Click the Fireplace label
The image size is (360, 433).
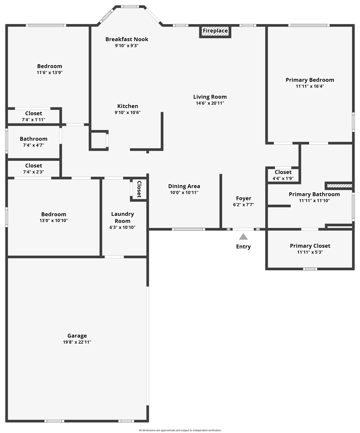click(x=215, y=31)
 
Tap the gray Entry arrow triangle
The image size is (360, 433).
click(x=243, y=237)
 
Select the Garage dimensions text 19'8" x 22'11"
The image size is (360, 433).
click(x=77, y=342)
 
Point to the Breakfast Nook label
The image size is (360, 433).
click(x=127, y=39)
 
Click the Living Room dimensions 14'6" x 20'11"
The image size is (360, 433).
click(x=210, y=103)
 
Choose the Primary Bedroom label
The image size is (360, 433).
click(x=310, y=80)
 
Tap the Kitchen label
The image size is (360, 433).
click(x=128, y=106)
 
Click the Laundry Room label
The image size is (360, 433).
click(x=122, y=217)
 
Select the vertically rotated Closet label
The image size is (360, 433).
click(x=139, y=189)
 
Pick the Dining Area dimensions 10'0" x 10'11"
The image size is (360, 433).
click(x=184, y=193)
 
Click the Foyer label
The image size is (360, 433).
click(x=243, y=198)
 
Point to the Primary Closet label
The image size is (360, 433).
click(x=310, y=246)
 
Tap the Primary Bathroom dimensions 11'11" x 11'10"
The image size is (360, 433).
click(x=314, y=201)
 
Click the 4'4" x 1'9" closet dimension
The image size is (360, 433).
click(x=283, y=178)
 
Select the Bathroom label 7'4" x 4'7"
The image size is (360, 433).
click(x=34, y=139)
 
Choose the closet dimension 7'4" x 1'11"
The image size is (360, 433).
click(x=34, y=120)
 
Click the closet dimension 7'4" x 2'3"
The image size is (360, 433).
click(x=34, y=172)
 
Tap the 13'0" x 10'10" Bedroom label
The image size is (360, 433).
click(x=54, y=214)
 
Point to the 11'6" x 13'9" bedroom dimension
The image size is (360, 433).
click(x=50, y=73)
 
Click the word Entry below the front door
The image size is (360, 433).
click(x=243, y=247)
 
